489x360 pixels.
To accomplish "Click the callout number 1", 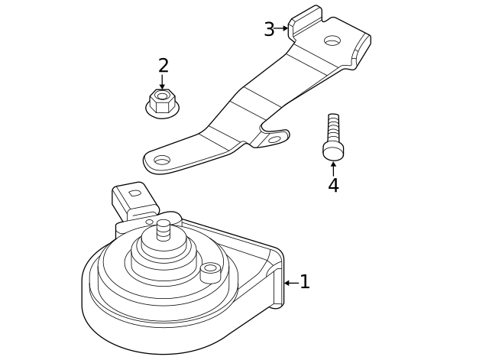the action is point(305,282).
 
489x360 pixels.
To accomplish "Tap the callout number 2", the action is point(164,66).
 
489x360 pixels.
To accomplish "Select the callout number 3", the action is point(269,30).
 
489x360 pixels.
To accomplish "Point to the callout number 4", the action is point(333,186).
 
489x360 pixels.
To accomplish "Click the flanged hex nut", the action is point(162,102).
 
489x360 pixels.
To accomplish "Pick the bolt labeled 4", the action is point(333,138).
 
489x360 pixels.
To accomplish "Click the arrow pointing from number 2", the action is point(162,82).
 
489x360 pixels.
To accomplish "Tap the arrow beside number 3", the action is point(283,28).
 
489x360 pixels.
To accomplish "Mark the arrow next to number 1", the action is point(290,283).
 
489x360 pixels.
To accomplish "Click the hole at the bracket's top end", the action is point(332,41).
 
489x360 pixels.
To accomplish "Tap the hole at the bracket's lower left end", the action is point(162,161).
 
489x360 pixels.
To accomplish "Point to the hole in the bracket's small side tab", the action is point(274,140).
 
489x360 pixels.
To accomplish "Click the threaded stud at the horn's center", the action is point(164,229).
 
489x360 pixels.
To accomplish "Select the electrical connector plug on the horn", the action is point(134,201).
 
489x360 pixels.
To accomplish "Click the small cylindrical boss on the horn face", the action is point(210,271).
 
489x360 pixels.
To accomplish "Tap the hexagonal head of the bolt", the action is point(333,151).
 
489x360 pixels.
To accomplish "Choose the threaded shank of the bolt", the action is point(333,127).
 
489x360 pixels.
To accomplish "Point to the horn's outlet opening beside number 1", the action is point(276,284).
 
